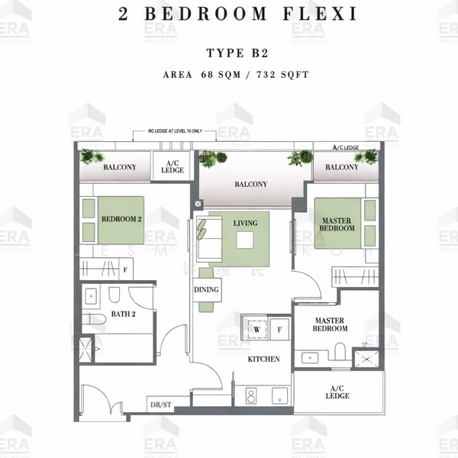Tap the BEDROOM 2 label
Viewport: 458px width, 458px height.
pos(121,219)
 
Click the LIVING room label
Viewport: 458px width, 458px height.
pos(245,222)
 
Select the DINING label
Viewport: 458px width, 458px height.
pos(206,289)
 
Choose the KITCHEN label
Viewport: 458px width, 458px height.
pos(263,358)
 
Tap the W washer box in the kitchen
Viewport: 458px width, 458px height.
pos(256,330)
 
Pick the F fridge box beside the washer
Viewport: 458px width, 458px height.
pos(279,330)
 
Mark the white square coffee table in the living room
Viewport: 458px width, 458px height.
pos(245,240)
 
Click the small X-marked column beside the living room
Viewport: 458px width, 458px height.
pos(198,205)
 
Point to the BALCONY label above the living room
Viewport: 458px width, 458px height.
pos(250,184)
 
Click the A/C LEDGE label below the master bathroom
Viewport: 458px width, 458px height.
pos(337,392)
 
